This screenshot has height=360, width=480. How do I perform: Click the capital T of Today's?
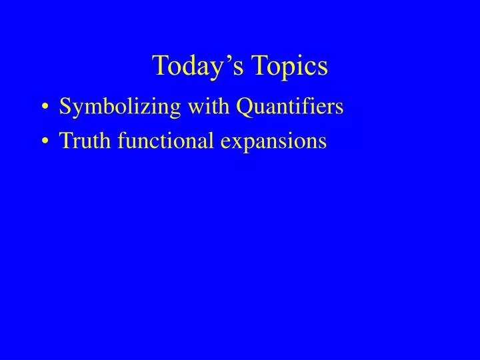pyautogui.click(x=161, y=65)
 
